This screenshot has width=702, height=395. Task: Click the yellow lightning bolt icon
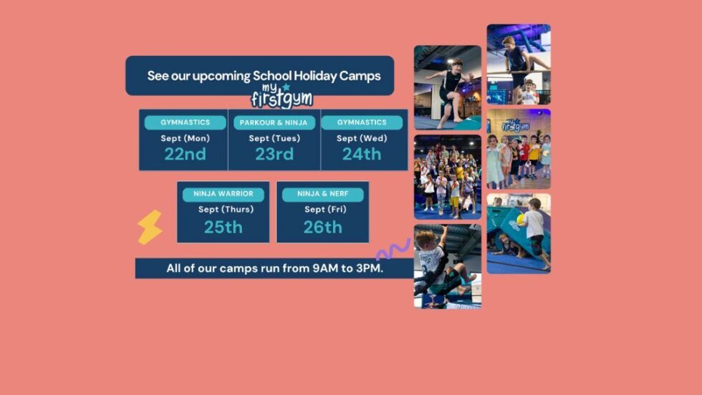tap(150, 228)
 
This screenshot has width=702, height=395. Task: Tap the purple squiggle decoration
tap(393, 250)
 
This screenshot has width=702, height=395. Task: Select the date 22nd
tap(185, 154)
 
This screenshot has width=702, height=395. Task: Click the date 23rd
tap(274, 154)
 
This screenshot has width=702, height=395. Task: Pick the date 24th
tap(362, 154)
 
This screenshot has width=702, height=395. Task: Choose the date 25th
tap(223, 228)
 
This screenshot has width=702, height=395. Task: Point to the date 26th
tap(322, 228)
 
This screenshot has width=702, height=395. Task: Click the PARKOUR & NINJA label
tap(274, 123)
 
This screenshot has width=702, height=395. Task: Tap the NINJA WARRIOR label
tap(223, 194)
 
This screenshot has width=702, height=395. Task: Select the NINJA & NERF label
tap(322, 194)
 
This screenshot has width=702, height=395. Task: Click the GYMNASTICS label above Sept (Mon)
tap(185, 123)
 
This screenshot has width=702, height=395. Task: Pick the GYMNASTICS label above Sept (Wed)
tap(362, 123)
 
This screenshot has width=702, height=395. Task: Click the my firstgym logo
tap(281, 96)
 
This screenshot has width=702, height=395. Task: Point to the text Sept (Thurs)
tap(223, 210)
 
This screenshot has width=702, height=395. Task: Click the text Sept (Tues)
tap(274, 139)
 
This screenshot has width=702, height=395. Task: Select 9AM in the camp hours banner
tap(324, 269)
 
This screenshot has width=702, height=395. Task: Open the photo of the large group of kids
tap(447, 177)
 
